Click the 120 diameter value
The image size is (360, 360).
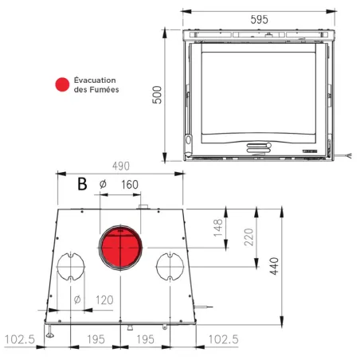tap(105, 300)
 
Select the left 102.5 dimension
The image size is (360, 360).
tap(21, 339)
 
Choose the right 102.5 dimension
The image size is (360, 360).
tap(223, 339)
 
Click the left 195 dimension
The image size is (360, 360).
tap(95, 339)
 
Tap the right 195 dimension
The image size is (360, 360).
tap(145, 339)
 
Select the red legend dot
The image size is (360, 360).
tap(60, 84)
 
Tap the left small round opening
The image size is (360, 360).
tap(69, 266)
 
